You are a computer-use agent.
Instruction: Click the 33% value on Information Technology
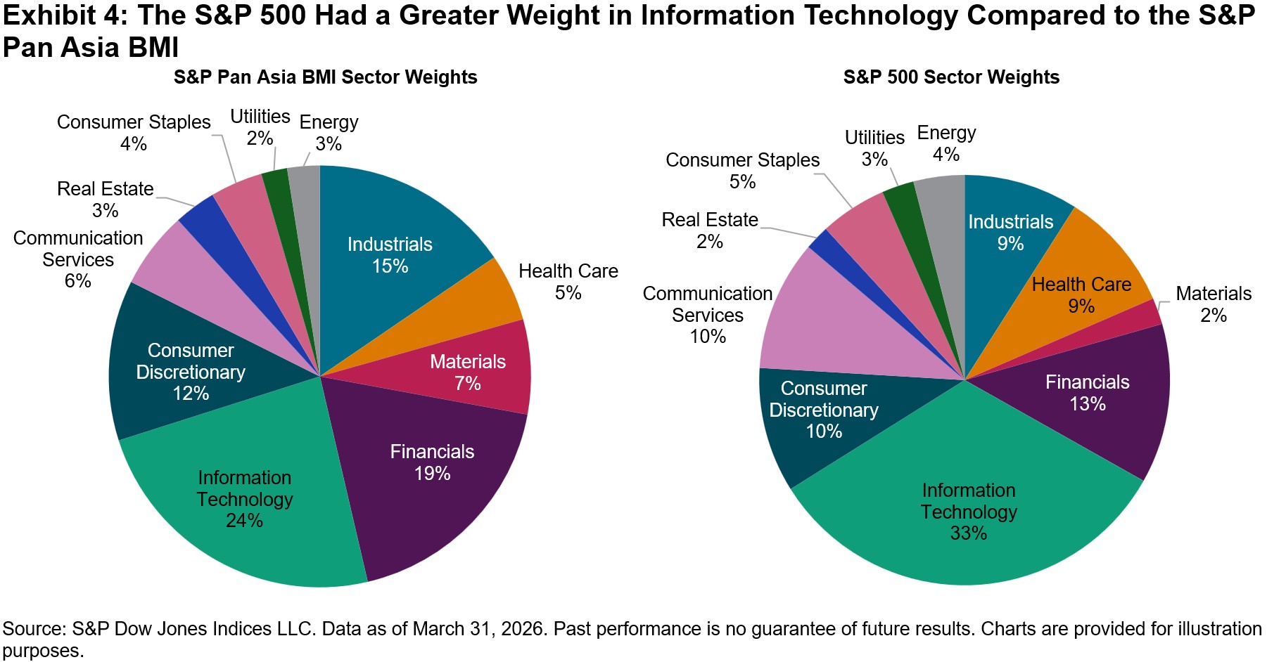[x=968, y=533]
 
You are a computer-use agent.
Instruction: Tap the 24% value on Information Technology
[x=244, y=521]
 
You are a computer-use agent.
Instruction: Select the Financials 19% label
[x=432, y=462]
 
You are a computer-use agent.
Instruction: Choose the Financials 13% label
[x=1087, y=393]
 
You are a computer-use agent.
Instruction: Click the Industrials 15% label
[x=390, y=255]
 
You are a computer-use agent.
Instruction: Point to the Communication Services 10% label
[x=708, y=315]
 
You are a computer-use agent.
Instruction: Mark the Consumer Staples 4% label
[x=134, y=133]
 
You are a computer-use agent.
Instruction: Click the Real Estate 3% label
[x=105, y=200]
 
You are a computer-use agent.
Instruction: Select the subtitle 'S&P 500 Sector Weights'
[x=951, y=77]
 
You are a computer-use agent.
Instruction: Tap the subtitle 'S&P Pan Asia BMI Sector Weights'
[x=325, y=77]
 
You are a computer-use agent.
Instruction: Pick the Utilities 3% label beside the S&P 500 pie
[x=874, y=148]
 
